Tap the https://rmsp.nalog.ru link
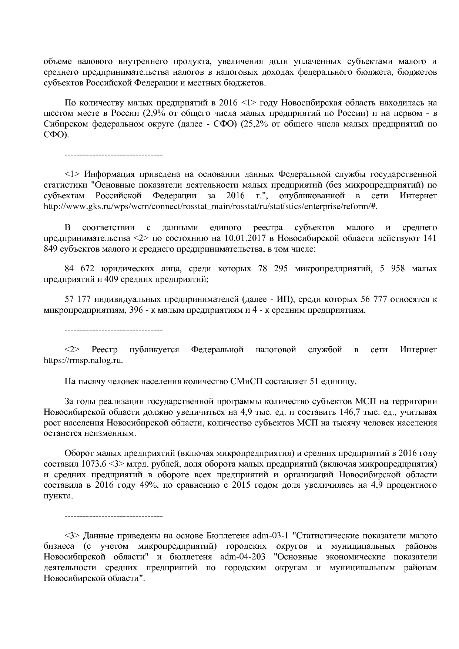pos(83,360)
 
